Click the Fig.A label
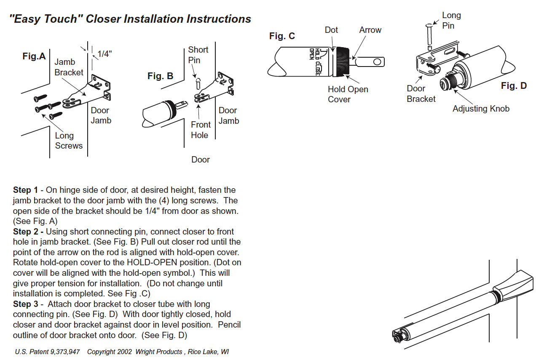point(34,56)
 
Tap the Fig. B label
point(160,76)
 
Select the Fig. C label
point(282,36)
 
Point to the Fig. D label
point(514,86)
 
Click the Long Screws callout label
point(69,141)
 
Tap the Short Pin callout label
point(198,55)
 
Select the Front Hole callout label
point(200,130)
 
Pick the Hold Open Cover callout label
point(348,94)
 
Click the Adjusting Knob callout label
point(481,109)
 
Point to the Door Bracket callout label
point(421,93)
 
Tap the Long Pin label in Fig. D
point(451,20)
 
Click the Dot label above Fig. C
point(331,30)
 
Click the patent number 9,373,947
point(66,352)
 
